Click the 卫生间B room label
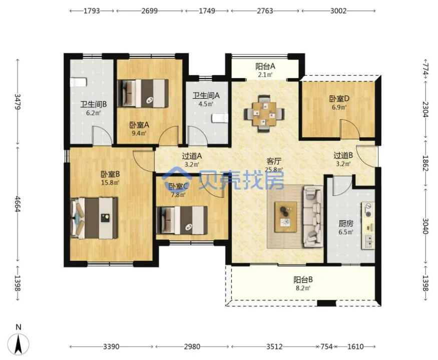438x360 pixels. click(93, 105)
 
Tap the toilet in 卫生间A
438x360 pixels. click(220, 118)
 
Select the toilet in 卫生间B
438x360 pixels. click(78, 82)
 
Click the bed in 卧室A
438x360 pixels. click(143, 93)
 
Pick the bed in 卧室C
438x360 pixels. click(182, 220)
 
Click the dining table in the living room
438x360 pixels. click(264, 114)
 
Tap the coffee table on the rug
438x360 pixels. click(286, 217)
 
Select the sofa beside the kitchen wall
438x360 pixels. click(313, 217)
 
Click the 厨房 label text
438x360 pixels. click(346, 224)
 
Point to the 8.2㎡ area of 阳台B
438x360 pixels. click(303, 288)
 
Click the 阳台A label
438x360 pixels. click(265, 67)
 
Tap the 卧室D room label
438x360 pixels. click(339, 99)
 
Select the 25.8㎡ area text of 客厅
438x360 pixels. click(274, 169)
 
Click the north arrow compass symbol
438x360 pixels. click(19, 343)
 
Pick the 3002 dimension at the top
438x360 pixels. click(338, 11)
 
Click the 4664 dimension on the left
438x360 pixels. click(18, 204)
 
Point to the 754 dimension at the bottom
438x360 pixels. click(326, 346)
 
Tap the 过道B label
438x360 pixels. click(343, 155)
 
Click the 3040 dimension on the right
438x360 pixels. click(425, 226)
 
